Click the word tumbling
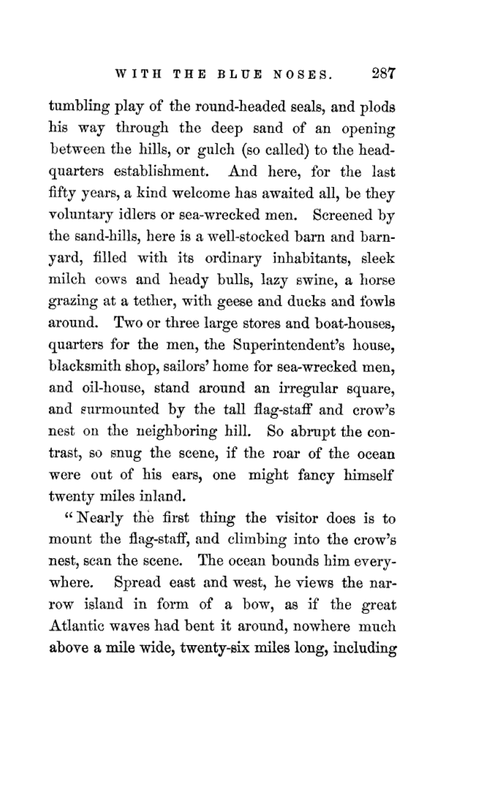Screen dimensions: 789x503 tap(79, 108)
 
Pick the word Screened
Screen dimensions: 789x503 tap(342, 215)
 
